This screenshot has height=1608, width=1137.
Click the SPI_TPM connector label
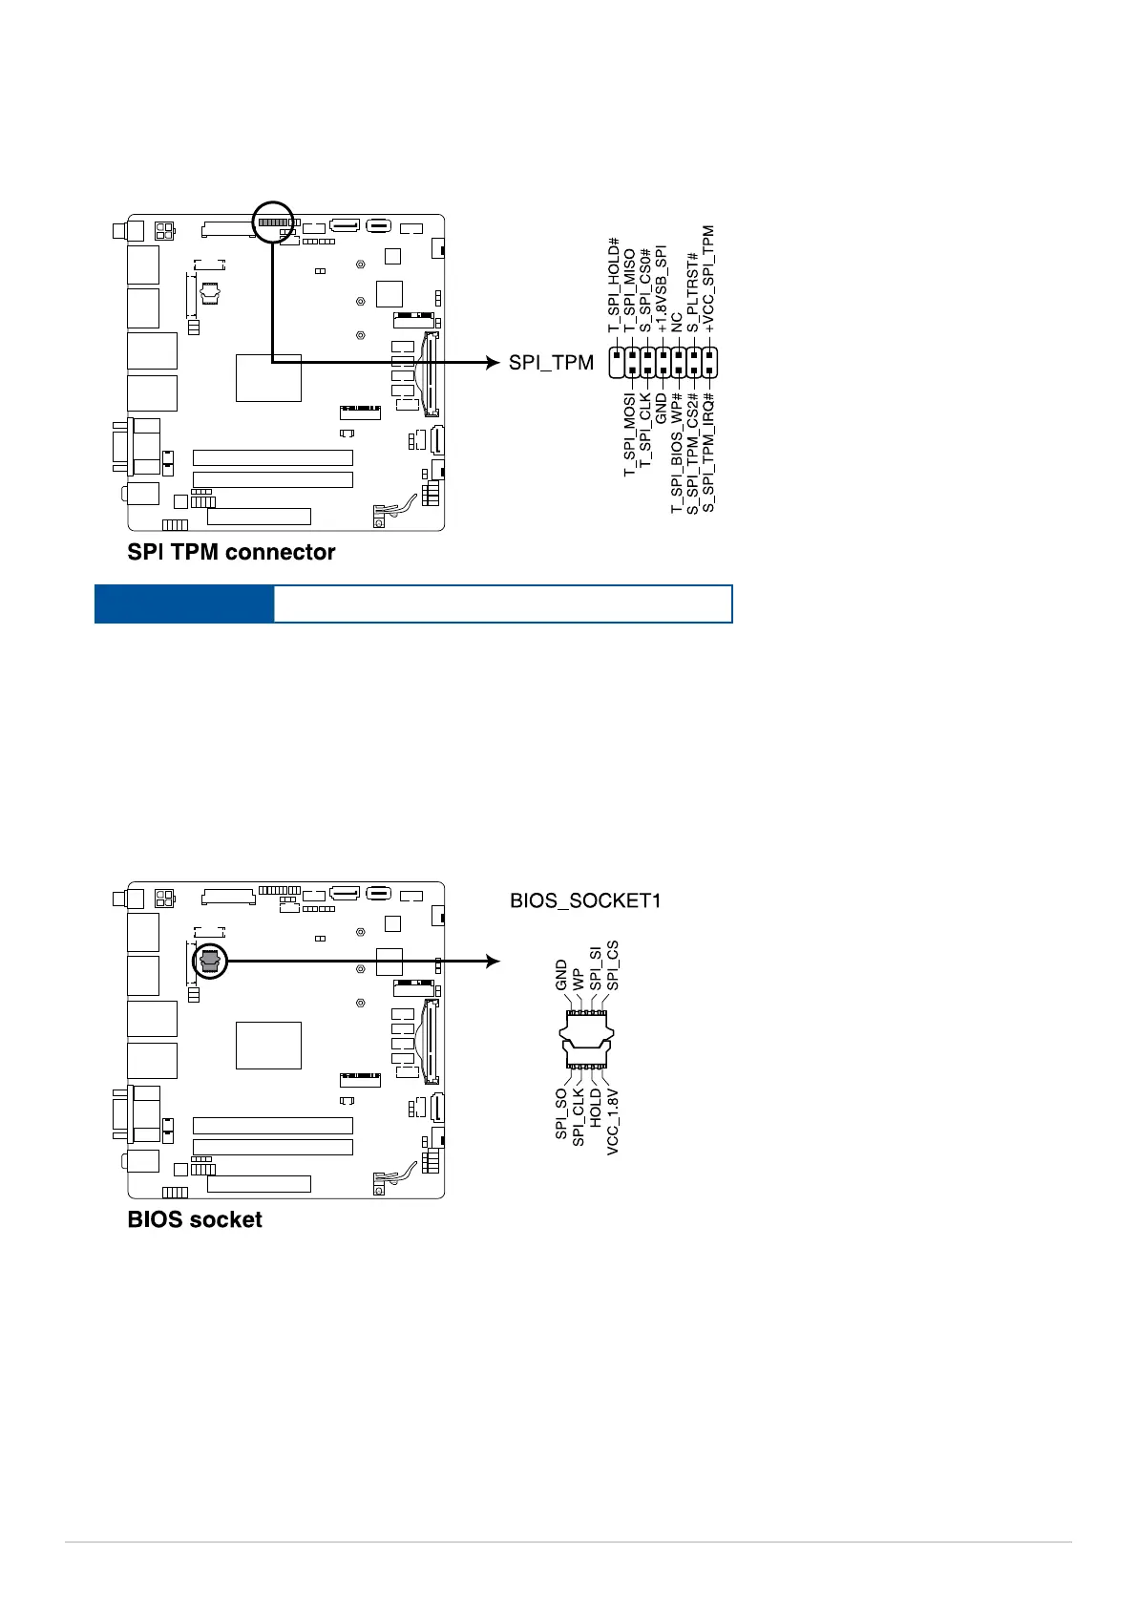(x=551, y=363)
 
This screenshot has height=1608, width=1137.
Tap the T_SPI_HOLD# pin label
(x=614, y=286)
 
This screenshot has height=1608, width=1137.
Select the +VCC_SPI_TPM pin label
(x=708, y=279)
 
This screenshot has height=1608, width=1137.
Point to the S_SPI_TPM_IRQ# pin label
(x=708, y=452)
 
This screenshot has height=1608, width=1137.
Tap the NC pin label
(x=677, y=323)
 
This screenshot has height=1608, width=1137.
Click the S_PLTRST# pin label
(x=693, y=292)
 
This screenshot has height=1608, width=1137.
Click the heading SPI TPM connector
(x=231, y=552)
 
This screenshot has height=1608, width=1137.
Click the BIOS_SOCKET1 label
(x=585, y=900)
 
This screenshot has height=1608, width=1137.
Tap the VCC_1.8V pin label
(x=613, y=1122)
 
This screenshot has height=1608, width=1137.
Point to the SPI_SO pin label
(x=561, y=1113)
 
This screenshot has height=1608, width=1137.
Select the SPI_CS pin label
(x=613, y=965)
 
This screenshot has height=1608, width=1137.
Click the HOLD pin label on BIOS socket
(x=596, y=1108)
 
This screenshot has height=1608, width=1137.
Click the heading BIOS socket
(x=195, y=1219)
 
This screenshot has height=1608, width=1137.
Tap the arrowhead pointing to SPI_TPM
(x=493, y=363)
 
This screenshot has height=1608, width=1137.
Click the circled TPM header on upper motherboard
(x=273, y=222)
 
